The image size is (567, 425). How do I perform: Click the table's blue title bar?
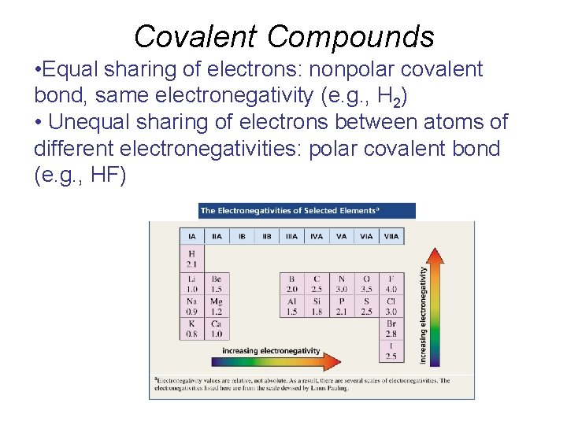point(307,211)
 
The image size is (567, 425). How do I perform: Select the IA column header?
point(192,235)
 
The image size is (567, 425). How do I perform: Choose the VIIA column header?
point(391,235)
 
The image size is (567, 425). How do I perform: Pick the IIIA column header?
point(291,235)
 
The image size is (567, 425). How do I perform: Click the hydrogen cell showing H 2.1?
point(192,259)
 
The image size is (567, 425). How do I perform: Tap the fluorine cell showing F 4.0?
point(391,283)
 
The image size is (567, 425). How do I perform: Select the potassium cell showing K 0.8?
point(192,328)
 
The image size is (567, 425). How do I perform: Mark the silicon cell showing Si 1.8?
point(317,306)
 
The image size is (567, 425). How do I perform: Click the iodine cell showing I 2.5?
point(391,351)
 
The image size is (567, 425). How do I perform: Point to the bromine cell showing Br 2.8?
point(391,328)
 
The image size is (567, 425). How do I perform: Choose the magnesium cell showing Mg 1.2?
point(217,306)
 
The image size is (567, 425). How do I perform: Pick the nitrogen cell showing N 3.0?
point(341,283)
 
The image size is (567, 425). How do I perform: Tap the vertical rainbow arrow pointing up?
point(434,307)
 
